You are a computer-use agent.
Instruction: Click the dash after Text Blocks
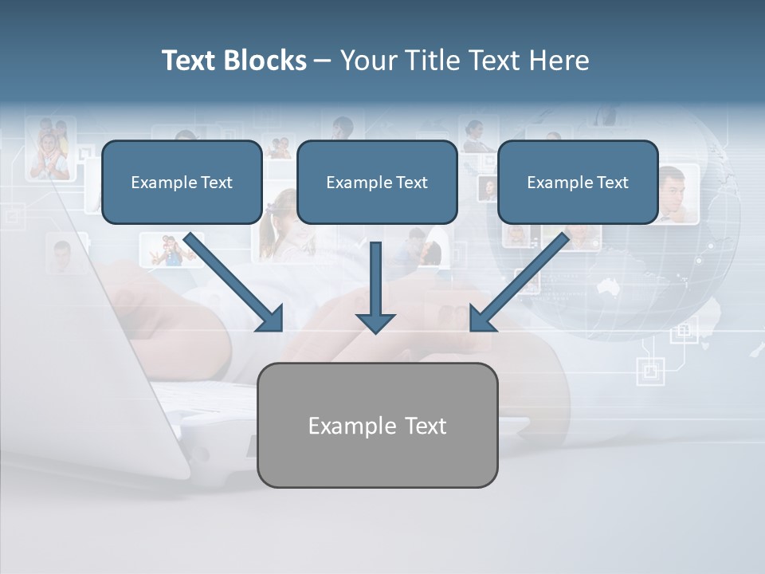pyautogui.click(x=323, y=61)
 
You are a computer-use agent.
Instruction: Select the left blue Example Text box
pyautogui.click(x=182, y=183)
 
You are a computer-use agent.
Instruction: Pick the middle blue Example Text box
pyautogui.click(x=377, y=183)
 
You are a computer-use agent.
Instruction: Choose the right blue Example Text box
pyautogui.click(x=578, y=183)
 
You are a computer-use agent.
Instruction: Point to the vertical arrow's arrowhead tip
pyautogui.click(x=375, y=332)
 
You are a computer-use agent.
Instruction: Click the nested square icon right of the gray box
pyautogui.click(x=650, y=370)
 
